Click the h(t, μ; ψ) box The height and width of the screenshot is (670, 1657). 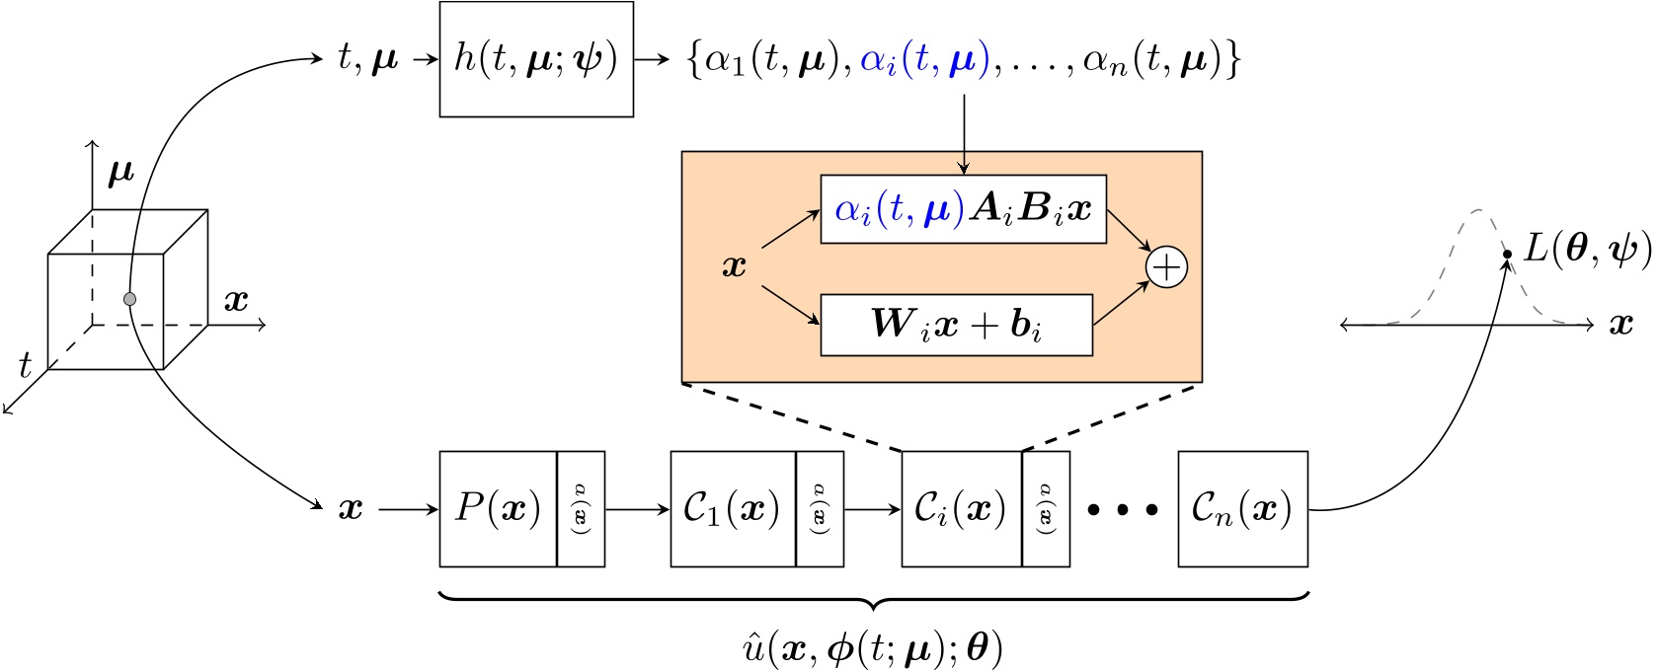[536, 60]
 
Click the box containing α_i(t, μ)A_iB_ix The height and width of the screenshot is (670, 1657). [963, 210]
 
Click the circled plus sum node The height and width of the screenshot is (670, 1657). [1166, 268]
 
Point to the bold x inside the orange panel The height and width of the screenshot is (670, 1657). [734, 266]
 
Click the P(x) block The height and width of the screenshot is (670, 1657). [498, 509]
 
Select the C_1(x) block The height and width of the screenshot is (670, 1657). [732, 509]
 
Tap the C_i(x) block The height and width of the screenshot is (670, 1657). [961, 509]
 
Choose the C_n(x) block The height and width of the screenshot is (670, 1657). [1242, 509]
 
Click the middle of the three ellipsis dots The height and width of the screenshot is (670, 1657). [1123, 510]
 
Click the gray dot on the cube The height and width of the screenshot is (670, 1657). [129, 298]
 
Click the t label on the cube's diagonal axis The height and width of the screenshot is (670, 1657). [26, 366]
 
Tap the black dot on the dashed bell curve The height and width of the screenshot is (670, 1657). [1507, 255]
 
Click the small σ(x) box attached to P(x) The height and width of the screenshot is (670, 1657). [581, 509]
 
